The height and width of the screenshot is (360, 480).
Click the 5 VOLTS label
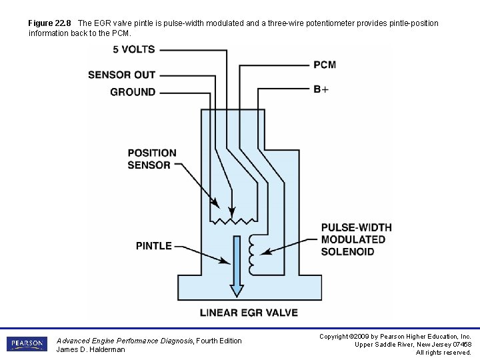[x=133, y=49]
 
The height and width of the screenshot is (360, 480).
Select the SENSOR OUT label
[x=121, y=75]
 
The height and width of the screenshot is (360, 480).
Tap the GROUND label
[x=133, y=92]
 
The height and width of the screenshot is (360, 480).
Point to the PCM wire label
[x=325, y=65]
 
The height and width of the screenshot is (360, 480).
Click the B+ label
[x=321, y=89]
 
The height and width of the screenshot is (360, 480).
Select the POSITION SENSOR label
[x=152, y=159]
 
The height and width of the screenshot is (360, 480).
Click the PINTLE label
[x=154, y=246]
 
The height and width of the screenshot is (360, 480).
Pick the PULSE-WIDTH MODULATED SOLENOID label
[x=356, y=239]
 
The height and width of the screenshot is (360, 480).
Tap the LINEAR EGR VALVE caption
[x=249, y=312]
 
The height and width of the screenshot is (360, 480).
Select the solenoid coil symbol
[x=251, y=254]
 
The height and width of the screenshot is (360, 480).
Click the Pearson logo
[x=27, y=344]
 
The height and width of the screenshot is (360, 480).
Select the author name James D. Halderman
[x=91, y=349]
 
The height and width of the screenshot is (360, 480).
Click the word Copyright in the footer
[x=336, y=337]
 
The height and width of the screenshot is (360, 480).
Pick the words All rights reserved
[x=443, y=353]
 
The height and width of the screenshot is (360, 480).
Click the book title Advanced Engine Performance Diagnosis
[x=125, y=341]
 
